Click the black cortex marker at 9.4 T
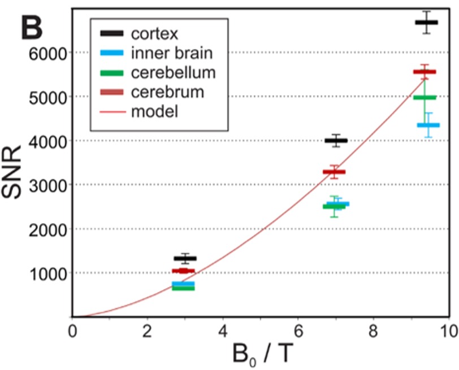(x=426, y=23)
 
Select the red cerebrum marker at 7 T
(x=334, y=172)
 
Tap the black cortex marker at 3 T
(x=185, y=259)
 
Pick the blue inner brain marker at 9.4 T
(x=428, y=125)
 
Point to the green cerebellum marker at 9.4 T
(x=425, y=97)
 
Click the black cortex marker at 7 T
(x=336, y=141)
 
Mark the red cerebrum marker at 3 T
(x=183, y=271)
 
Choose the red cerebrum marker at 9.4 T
(x=425, y=72)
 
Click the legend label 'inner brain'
(x=172, y=54)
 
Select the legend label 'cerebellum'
(x=174, y=73)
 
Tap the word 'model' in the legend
(x=155, y=110)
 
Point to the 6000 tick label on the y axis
(x=47, y=53)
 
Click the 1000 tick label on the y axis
(x=47, y=273)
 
